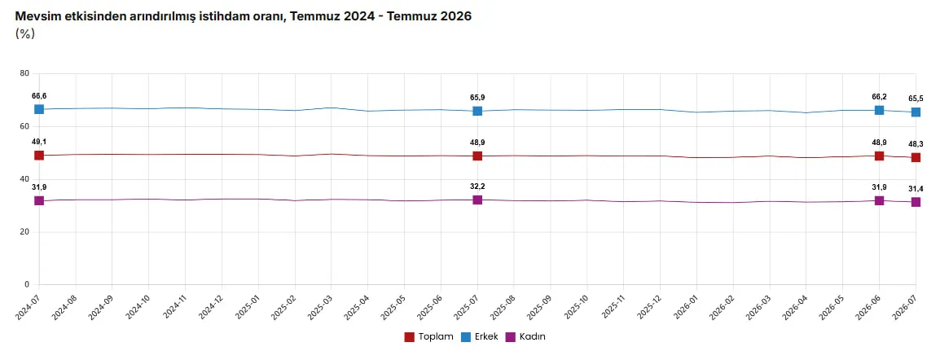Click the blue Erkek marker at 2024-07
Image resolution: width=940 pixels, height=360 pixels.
pyautogui.click(x=39, y=109)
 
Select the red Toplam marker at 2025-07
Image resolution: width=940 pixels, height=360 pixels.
pyautogui.click(x=477, y=156)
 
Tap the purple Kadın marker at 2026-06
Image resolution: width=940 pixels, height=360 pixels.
pyautogui.click(x=879, y=200)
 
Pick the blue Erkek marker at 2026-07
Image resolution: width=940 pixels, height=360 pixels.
pyautogui.click(x=916, y=112)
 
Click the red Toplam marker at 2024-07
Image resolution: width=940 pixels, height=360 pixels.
pyautogui.click(x=39, y=155)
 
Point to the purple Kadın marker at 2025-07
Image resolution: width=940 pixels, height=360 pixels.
pyautogui.click(x=477, y=200)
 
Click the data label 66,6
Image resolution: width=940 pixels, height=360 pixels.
pyautogui.click(x=39, y=96)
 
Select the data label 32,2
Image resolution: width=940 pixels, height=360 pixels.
pyautogui.click(x=477, y=187)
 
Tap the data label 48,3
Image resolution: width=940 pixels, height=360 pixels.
pyautogui.click(x=916, y=144)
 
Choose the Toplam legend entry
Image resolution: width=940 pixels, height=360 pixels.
pyautogui.click(x=428, y=336)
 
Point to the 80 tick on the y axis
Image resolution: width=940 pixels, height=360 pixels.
pyautogui.click(x=24, y=73)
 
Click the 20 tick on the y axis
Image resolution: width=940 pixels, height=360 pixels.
pyautogui.click(x=24, y=232)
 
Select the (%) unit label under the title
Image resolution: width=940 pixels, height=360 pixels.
pyautogui.click(x=25, y=33)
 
